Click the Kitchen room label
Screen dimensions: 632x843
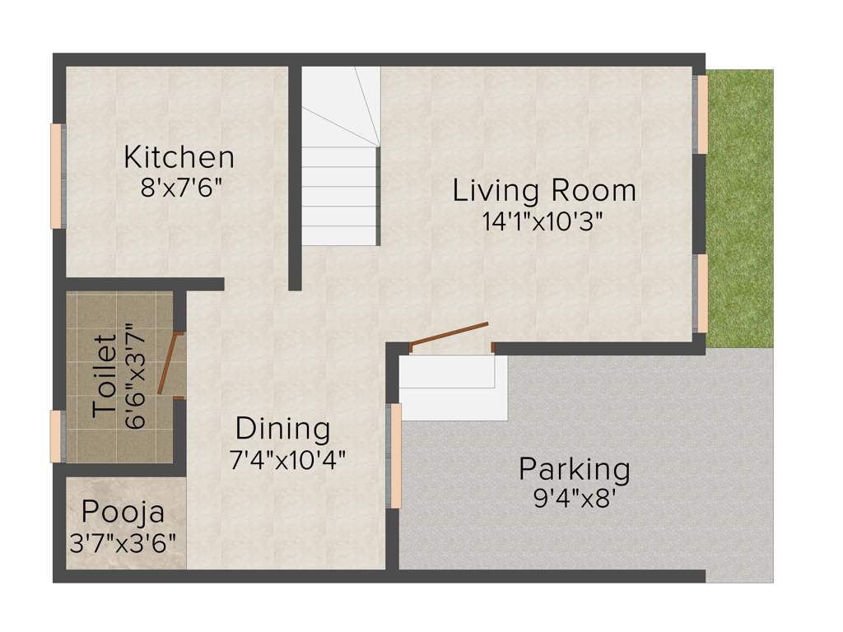[179, 156]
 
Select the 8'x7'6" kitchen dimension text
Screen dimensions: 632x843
[182, 187]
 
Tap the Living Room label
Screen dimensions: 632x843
[544, 190]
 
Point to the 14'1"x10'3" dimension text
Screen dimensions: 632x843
[544, 221]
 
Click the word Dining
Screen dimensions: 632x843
[282, 429]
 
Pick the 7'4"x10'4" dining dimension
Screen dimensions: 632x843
[287, 459]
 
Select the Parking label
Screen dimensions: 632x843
[574, 470]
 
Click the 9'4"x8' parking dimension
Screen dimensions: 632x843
[575, 500]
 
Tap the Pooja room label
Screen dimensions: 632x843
[123, 513]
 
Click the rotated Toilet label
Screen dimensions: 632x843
[104, 376]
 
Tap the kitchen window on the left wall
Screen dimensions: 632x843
[58, 176]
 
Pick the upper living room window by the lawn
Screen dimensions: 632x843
[702, 114]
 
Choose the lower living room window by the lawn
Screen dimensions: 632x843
[702, 293]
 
